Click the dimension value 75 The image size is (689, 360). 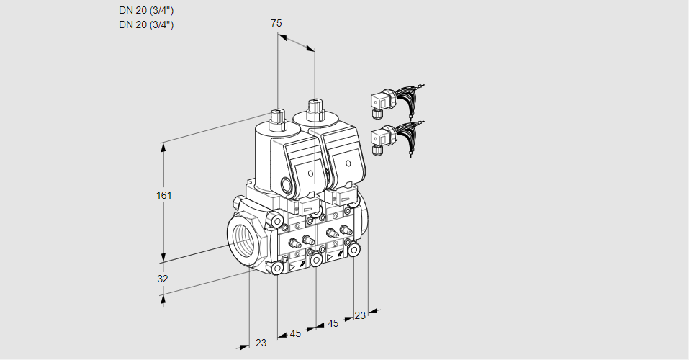(x=276, y=24)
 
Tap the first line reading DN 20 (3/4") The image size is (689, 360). (x=146, y=10)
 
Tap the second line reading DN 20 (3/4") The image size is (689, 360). (x=146, y=24)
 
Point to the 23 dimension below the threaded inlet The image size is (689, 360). (x=261, y=343)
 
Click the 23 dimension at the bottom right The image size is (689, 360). (x=360, y=315)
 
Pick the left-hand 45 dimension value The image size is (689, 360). (x=296, y=333)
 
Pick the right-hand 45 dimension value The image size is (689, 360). (x=333, y=323)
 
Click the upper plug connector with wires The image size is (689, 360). (x=382, y=102)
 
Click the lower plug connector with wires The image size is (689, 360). (x=382, y=138)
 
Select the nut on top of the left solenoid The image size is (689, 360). (x=277, y=114)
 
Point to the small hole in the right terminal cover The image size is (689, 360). (x=348, y=168)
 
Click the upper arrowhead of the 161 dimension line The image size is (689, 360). (x=163, y=146)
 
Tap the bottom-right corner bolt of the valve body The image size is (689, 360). (x=354, y=249)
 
